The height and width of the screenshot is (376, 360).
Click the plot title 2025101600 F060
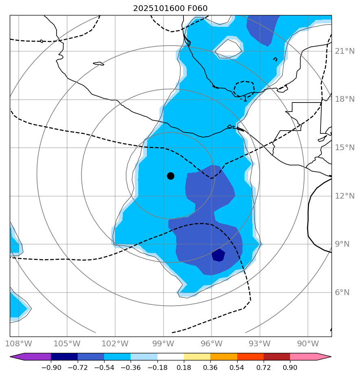[x=170, y=9]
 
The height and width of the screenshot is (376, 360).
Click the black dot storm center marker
[x=170, y=176]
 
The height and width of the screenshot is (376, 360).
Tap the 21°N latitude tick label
[x=345, y=51]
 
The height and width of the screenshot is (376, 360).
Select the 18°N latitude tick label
[x=345, y=99]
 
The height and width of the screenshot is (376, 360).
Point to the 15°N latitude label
[x=345, y=148]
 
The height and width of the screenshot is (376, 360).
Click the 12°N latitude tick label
[x=345, y=196]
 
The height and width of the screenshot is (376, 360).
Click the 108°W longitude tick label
[x=19, y=343]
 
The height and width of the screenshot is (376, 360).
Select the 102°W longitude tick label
[x=115, y=343]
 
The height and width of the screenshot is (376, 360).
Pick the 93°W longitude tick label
[x=260, y=343]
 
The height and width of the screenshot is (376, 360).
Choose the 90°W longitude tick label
[x=308, y=343]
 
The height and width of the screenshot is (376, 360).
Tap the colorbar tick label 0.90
[x=290, y=368]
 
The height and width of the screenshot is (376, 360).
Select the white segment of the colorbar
[x=170, y=357]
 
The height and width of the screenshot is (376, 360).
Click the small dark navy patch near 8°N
[x=218, y=255]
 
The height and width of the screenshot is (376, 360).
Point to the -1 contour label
[x=243, y=99]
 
